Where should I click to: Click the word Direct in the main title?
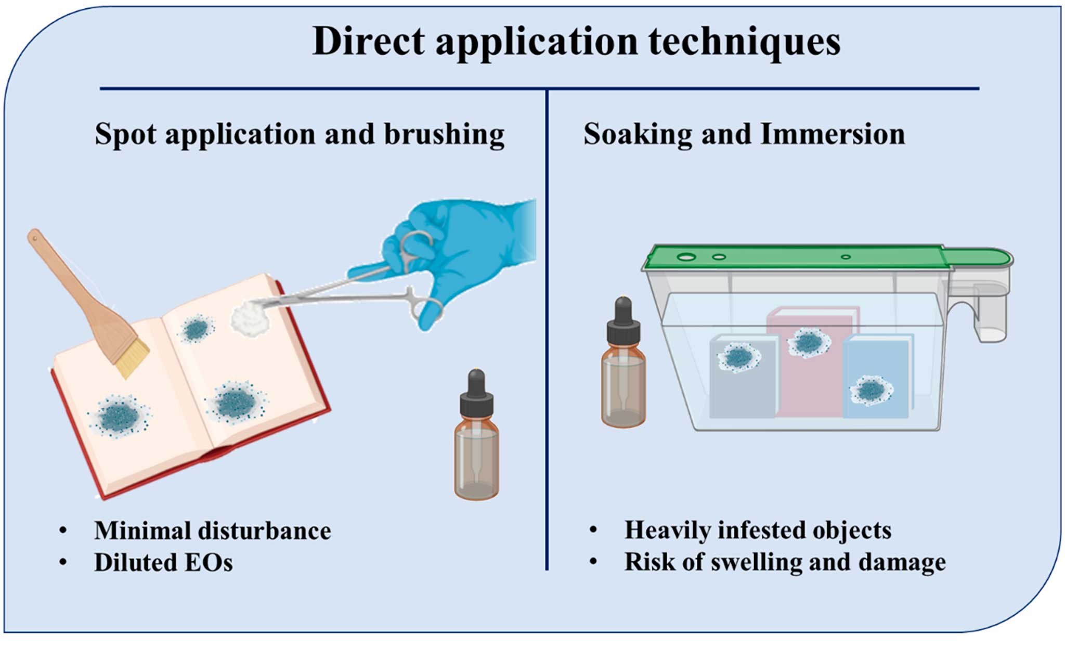point(368,42)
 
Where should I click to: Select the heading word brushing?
point(444,135)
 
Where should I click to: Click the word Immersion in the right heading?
point(832,134)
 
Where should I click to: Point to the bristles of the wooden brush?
point(132,358)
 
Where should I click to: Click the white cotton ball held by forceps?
point(249,318)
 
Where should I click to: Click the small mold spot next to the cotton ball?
point(196,329)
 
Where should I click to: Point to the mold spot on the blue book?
point(871,390)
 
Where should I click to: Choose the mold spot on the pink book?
point(809,342)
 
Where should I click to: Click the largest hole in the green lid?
point(686,257)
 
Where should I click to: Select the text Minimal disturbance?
point(212,531)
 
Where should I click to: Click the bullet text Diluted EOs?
point(163,563)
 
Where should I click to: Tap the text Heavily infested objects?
point(758,530)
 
